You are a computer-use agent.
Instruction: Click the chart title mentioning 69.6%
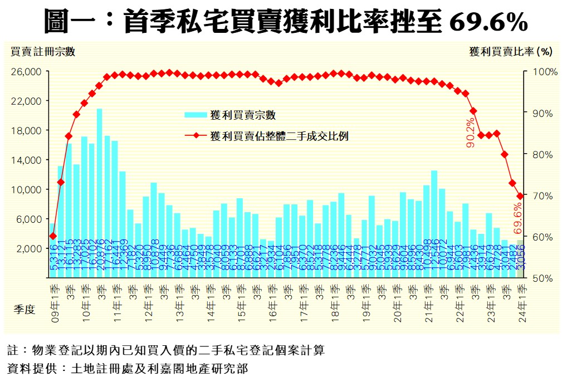click(x=286, y=22)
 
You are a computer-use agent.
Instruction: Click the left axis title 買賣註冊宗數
click(x=43, y=52)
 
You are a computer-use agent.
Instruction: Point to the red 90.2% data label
click(x=471, y=133)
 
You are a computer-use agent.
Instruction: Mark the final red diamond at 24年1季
click(x=520, y=196)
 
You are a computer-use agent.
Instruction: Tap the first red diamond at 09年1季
click(x=53, y=236)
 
